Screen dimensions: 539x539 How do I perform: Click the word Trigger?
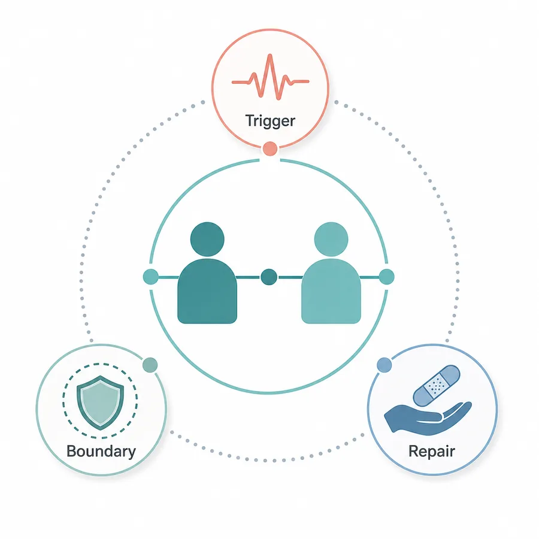270,121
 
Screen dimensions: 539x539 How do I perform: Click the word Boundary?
101,452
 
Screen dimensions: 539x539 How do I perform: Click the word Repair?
432,452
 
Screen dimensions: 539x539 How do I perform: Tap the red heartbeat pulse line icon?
271,77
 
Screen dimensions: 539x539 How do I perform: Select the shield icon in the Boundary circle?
100,402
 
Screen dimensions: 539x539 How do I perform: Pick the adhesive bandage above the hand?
437,386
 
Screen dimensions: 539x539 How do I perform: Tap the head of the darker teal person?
207,239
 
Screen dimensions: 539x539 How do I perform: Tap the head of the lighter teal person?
331,239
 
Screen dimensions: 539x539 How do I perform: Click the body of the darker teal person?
207,292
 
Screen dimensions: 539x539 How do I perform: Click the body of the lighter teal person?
331,292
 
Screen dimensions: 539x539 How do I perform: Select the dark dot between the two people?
269,277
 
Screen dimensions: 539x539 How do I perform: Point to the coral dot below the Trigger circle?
270,149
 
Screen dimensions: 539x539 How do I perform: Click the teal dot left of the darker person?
150,277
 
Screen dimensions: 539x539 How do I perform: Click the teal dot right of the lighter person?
387,277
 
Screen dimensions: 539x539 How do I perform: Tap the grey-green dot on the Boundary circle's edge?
150,365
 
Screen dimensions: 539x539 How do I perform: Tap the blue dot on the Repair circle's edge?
384,365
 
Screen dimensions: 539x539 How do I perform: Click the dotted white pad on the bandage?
436,386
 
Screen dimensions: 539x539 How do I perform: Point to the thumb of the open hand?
429,417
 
